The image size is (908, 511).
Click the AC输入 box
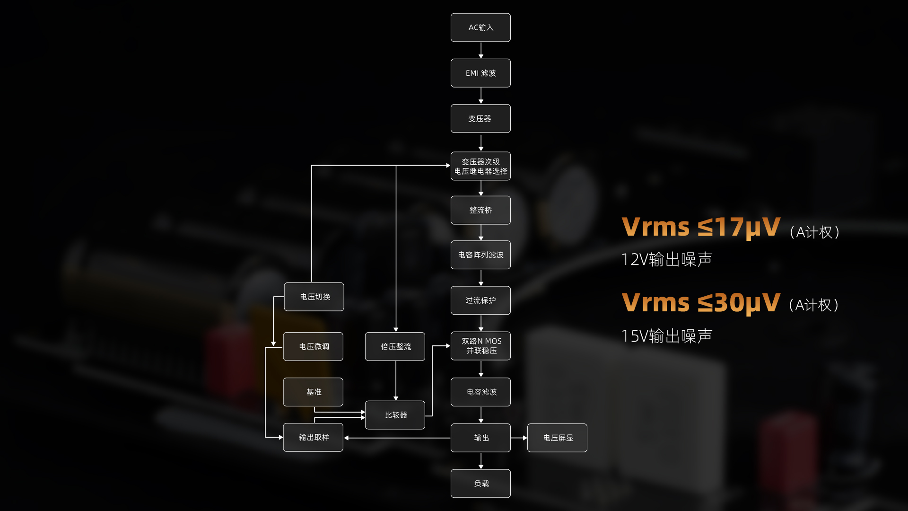pos(480,27)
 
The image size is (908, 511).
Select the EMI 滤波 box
pos(480,73)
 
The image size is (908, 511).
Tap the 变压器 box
pos(480,118)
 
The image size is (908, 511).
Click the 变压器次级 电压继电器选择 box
pos(480,166)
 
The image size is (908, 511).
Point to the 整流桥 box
pos(480,210)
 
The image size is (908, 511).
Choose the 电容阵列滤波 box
pos(480,255)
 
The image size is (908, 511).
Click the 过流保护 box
pos(480,300)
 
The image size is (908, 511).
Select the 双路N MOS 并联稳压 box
pos(480,346)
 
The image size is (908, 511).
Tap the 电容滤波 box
pos(480,392)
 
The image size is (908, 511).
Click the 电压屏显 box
pos(557,438)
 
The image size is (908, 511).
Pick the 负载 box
pos(480,483)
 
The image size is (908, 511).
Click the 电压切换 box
pos(314,297)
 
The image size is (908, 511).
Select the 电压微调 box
pos(313,346)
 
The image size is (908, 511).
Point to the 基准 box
pos(313,392)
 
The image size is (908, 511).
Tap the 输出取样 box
pos(313,437)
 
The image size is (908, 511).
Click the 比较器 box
pos(395,415)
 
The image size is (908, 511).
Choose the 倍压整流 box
pos(395,346)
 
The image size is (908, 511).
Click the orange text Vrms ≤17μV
pos(701,227)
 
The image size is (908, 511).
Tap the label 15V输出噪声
pos(667,336)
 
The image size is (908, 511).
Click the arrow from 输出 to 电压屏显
pos(519,438)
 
